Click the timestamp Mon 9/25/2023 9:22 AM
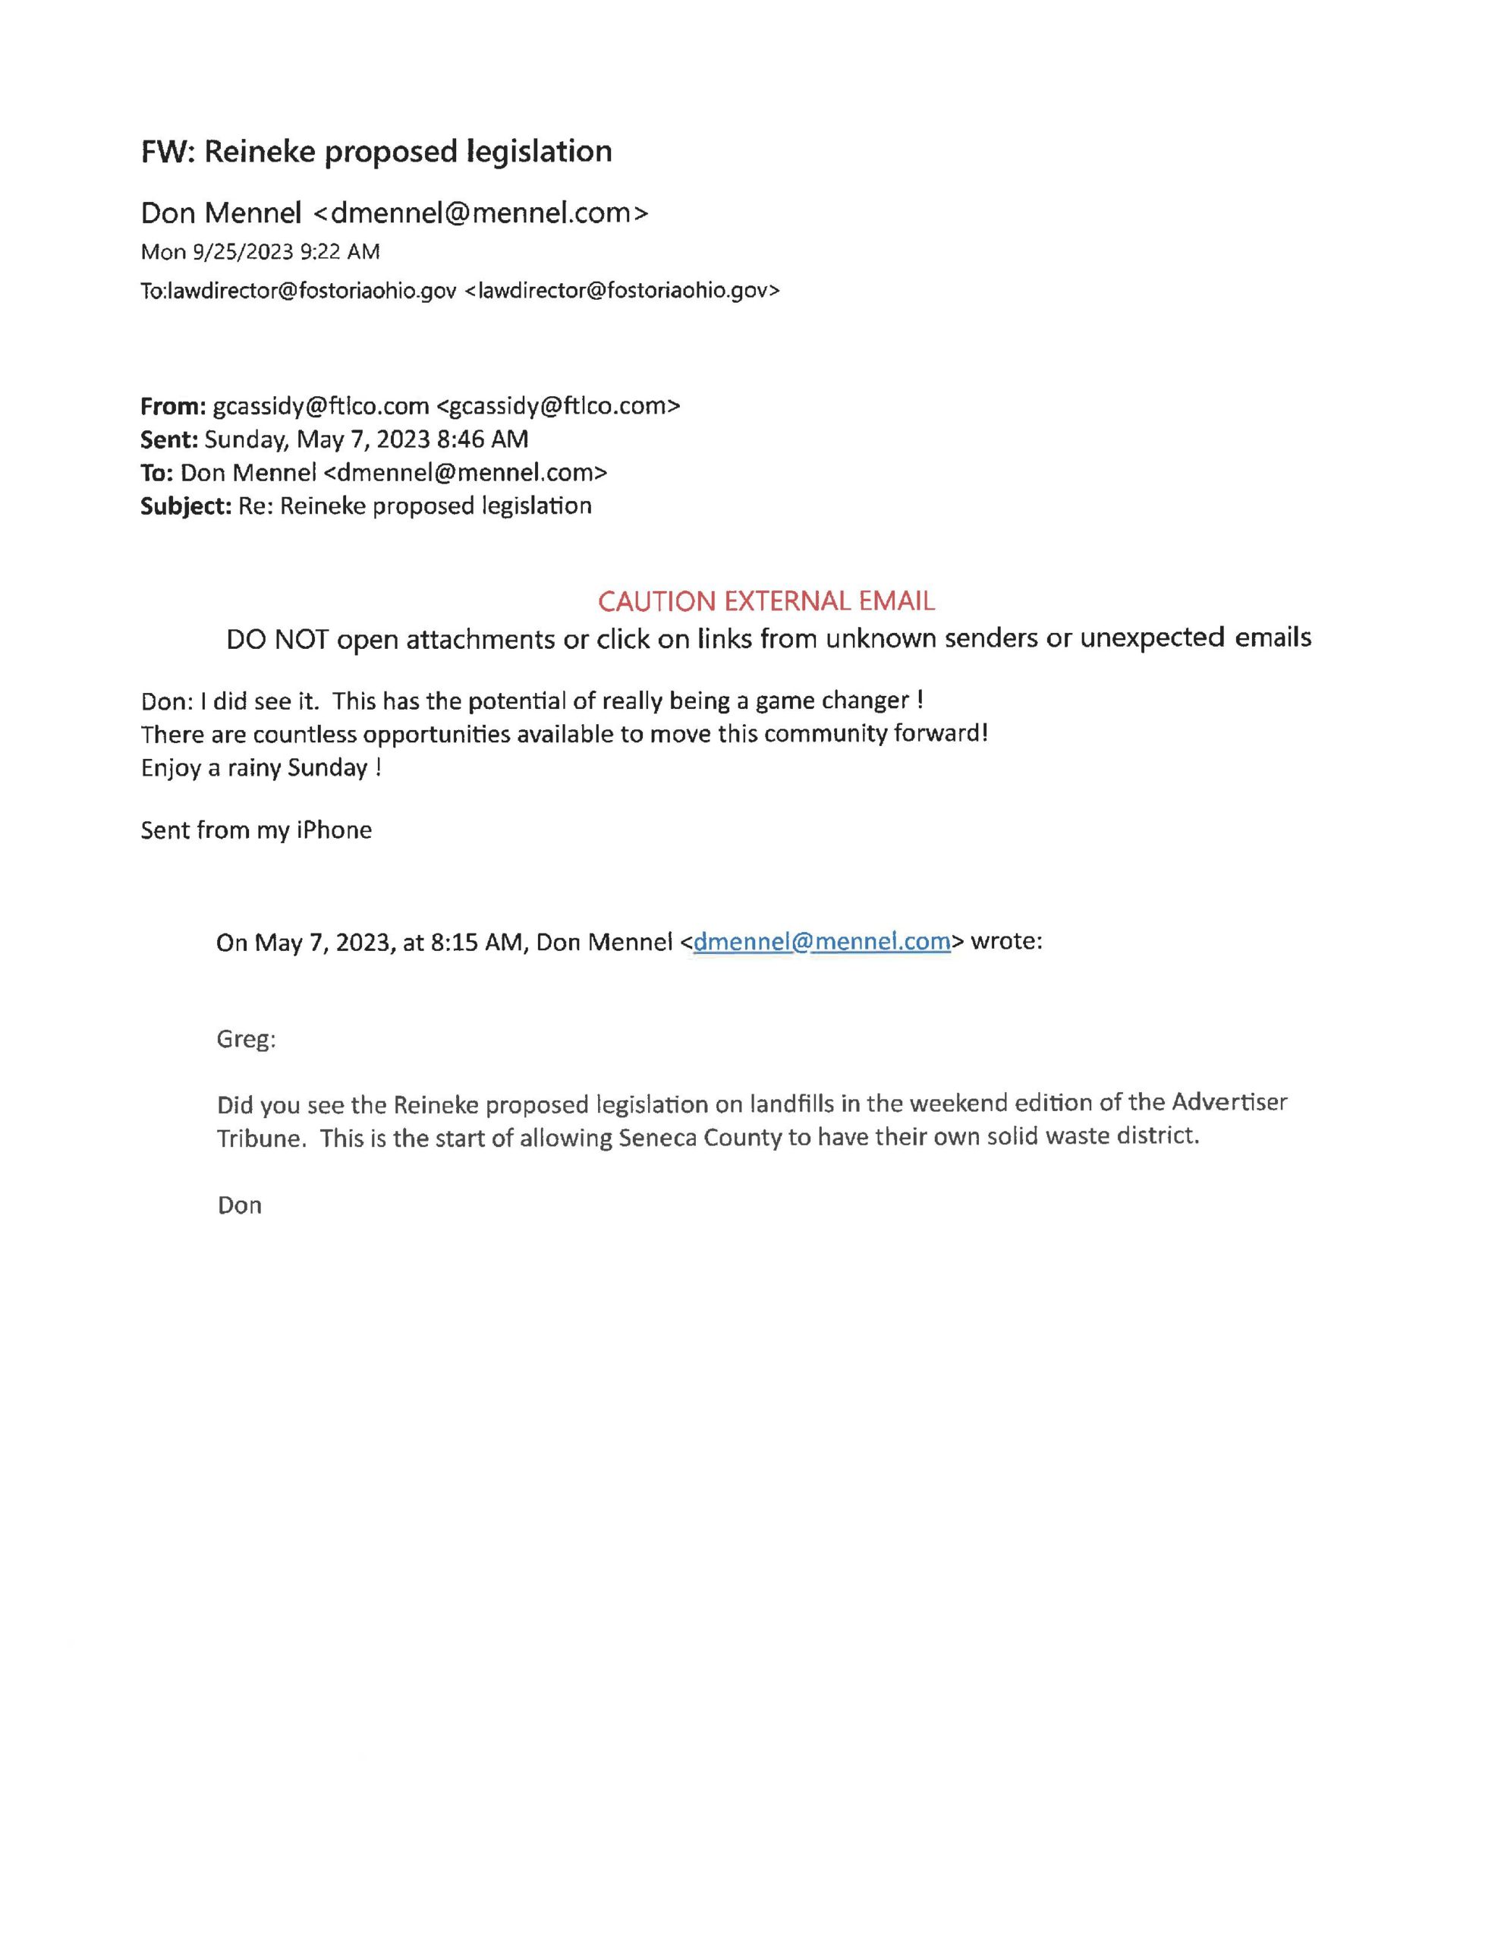pos(260,252)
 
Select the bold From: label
pos(172,407)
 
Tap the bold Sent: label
pos(168,439)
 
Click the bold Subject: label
pos(185,506)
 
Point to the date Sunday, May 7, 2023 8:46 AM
pos(366,439)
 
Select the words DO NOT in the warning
pos(277,639)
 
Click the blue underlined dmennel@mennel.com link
pos(821,941)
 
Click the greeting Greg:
pos(246,1039)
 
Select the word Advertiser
pos(1229,1103)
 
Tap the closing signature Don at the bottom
pos(239,1205)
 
